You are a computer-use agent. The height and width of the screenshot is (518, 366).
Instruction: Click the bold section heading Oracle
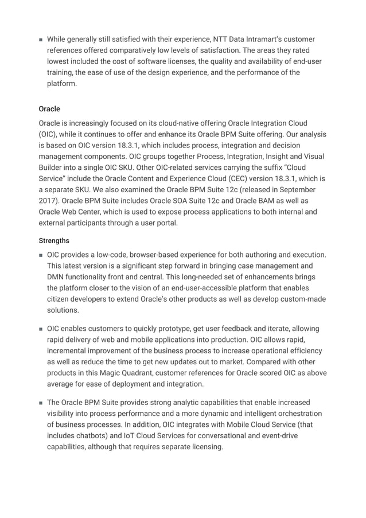click(x=49, y=108)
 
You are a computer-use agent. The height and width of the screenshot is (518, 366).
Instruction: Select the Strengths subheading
click(x=54, y=241)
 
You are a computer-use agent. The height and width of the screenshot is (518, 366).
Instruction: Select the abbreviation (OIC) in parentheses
click(x=49, y=135)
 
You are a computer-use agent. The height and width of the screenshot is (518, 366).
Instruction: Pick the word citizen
click(x=59, y=298)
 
